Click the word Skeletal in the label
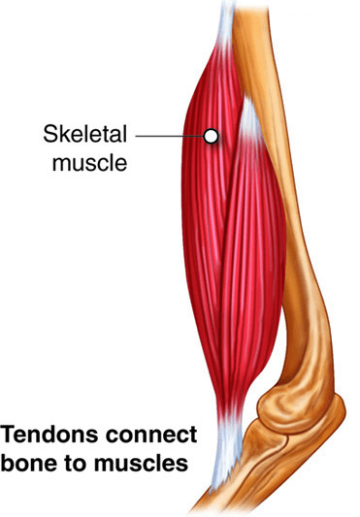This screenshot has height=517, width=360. (84, 134)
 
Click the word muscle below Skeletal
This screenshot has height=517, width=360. (89, 162)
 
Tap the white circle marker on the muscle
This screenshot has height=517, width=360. (211, 136)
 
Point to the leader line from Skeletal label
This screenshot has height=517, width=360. (170, 136)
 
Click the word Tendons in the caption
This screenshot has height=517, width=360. (49, 435)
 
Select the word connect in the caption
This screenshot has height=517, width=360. (151, 435)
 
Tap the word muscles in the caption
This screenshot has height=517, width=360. (142, 463)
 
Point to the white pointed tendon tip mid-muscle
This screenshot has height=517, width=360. (250, 117)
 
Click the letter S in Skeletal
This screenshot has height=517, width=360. (50, 134)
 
